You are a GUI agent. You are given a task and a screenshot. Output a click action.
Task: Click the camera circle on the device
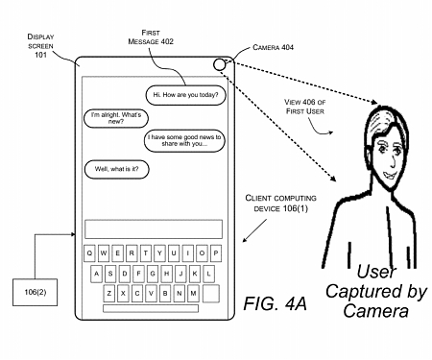click(221, 64)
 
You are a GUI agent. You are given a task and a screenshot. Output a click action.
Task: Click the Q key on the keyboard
click(89, 253)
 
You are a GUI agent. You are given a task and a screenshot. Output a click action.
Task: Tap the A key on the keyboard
click(96, 273)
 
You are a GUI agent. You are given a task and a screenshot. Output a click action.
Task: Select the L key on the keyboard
click(210, 273)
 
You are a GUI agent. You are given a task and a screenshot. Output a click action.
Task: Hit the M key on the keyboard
click(196, 293)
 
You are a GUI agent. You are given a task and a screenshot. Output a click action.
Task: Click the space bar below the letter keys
click(153, 310)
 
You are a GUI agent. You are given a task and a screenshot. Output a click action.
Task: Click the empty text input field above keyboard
click(153, 228)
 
